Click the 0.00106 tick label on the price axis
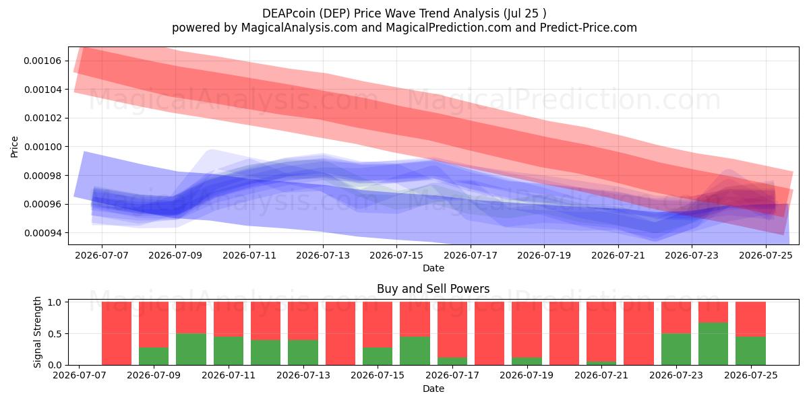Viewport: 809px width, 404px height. (x=42, y=61)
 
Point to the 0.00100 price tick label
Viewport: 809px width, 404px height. (x=42, y=147)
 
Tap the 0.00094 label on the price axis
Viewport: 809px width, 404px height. (x=42, y=233)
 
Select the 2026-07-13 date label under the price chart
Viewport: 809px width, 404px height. (x=323, y=255)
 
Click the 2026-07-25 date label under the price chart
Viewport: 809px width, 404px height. (x=766, y=255)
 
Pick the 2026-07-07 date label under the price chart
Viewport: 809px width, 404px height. (x=102, y=255)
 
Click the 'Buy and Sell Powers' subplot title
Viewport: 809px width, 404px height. (x=433, y=289)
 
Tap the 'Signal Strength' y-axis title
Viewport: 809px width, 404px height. (x=37, y=332)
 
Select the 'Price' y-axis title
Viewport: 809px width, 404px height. (x=14, y=147)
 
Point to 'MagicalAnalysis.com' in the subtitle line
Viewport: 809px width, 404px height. (x=299, y=28)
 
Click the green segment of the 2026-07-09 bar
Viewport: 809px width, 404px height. (x=154, y=356)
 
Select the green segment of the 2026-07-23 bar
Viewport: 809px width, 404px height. (x=676, y=349)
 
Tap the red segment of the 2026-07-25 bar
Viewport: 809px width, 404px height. (x=750, y=319)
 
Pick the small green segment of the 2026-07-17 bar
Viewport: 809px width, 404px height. (x=452, y=361)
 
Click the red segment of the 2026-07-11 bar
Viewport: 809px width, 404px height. (x=229, y=319)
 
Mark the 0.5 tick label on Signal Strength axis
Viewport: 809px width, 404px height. (x=55, y=334)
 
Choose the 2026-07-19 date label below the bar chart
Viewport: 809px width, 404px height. (x=527, y=375)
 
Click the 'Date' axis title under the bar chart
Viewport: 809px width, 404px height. (x=433, y=389)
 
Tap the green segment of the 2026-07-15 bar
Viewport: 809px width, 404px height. (x=378, y=356)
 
